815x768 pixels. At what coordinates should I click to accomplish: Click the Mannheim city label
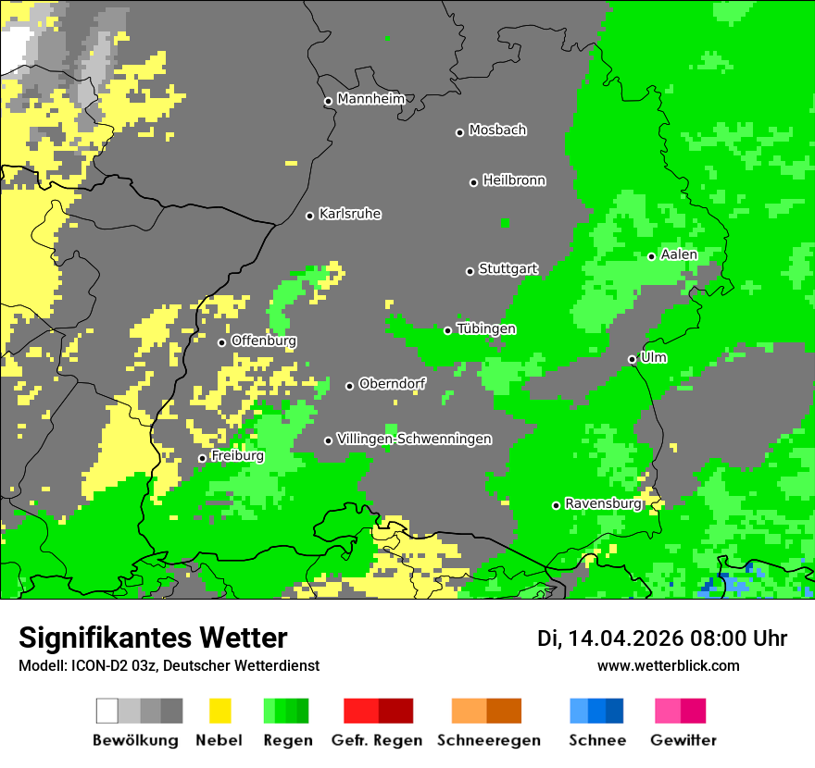[x=371, y=99]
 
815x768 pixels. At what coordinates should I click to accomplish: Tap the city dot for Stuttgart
[x=470, y=271]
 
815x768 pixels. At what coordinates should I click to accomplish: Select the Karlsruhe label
[x=350, y=214]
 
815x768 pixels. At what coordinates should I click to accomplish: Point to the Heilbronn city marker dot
[x=473, y=182]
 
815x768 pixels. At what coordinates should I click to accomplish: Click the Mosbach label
[x=497, y=130]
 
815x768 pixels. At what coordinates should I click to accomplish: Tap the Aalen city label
[x=679, y=254]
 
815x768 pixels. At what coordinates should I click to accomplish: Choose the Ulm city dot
[x=632, y=359]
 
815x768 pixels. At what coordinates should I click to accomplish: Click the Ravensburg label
[x=603, y=504]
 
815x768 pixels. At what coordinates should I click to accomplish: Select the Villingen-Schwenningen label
[x=414, y=439]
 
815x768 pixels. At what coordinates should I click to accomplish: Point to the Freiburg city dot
[x=202, y=458]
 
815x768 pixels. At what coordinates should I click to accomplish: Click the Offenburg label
[x=264, y=341]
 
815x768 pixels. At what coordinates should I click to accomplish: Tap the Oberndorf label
[x=392, y=384]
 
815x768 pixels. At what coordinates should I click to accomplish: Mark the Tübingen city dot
[x=447, y=330]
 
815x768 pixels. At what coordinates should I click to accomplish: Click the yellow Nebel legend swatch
[x=220, y=711]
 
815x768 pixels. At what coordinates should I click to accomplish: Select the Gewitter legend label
[x=683, y=740]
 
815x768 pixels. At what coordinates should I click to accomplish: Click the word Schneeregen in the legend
[x=488, y=740]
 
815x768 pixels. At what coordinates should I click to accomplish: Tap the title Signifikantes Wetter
[x=153, y=638]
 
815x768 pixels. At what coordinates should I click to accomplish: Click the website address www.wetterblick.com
[x=668, y=665]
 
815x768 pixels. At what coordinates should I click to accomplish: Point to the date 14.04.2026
[x=625, y=638]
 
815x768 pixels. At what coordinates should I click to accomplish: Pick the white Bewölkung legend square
[x=107, y=711]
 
